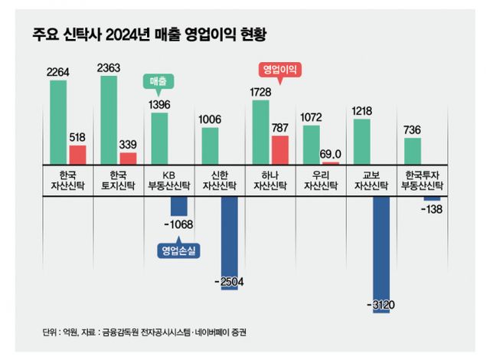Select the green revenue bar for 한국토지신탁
[109, 119]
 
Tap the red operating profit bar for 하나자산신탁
[279, 149]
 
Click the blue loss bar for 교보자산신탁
[381, 245]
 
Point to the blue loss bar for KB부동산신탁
[178, 205]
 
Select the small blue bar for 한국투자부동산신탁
[431, 198]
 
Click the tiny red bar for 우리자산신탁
[330, 162]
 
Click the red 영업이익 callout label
[279, 69]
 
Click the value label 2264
[58, 73]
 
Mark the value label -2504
[228, 282]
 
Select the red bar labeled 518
[77, 154]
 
